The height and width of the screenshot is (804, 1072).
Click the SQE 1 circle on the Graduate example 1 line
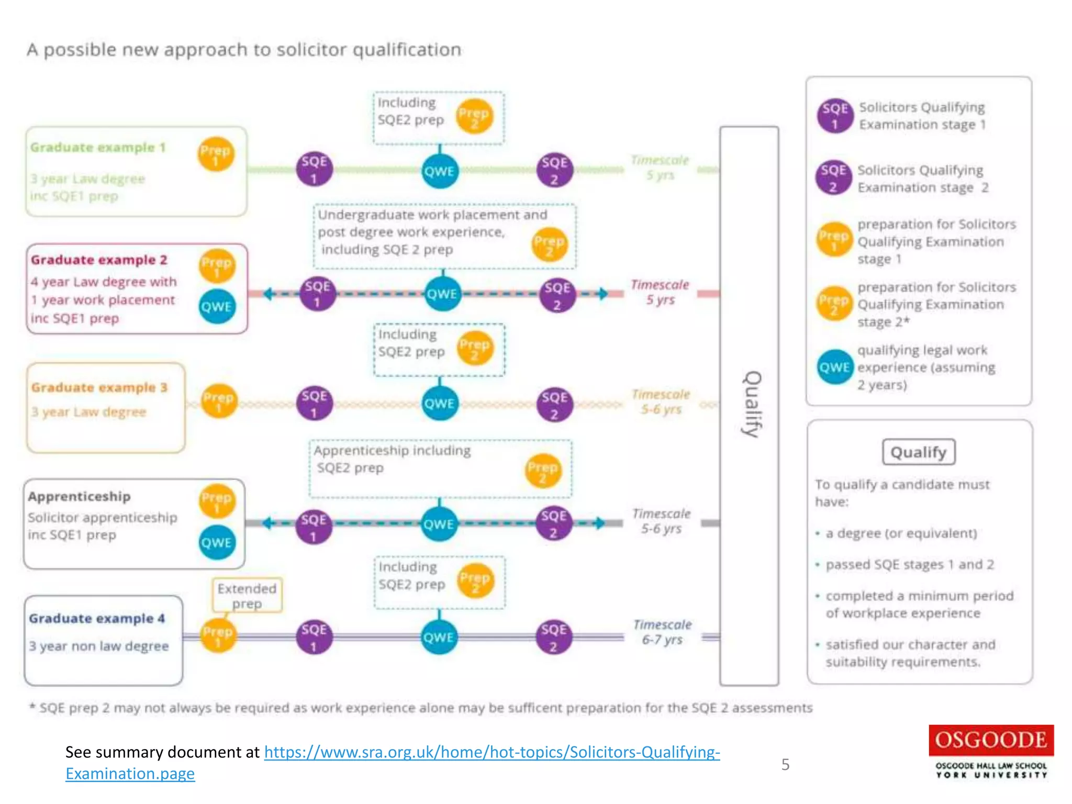coord(314,169)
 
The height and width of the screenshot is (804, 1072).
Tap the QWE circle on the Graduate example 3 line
coord(439,404)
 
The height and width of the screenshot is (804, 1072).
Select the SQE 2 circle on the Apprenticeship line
coord(554,523)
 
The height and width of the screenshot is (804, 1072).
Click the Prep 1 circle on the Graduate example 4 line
coord(218,636)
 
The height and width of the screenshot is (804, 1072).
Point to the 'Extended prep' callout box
coord(247,595)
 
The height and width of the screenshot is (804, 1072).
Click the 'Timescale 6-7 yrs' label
coord(662,632)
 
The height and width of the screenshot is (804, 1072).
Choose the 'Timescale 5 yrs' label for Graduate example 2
coord(660,292)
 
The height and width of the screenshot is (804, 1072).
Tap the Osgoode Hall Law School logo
coord(991,752)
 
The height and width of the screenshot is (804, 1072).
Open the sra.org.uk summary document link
coord(492,752)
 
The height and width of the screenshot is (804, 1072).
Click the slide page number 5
coord(785,765)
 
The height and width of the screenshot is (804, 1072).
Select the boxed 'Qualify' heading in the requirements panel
coord(919,452)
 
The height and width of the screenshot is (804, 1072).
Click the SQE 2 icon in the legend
coord(833,177)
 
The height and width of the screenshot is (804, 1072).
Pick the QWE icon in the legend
coord(834,367)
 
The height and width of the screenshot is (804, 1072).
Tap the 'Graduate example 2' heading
coord(99,260)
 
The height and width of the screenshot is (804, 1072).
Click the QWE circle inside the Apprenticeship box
coord(216,542)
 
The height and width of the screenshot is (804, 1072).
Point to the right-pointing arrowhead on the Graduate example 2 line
coord(602,294)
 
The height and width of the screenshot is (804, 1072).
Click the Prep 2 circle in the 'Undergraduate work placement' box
coord(549,244)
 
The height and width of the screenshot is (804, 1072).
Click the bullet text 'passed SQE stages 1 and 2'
coord(909,564)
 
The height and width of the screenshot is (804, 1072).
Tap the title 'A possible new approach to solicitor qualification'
coord(244,50)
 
